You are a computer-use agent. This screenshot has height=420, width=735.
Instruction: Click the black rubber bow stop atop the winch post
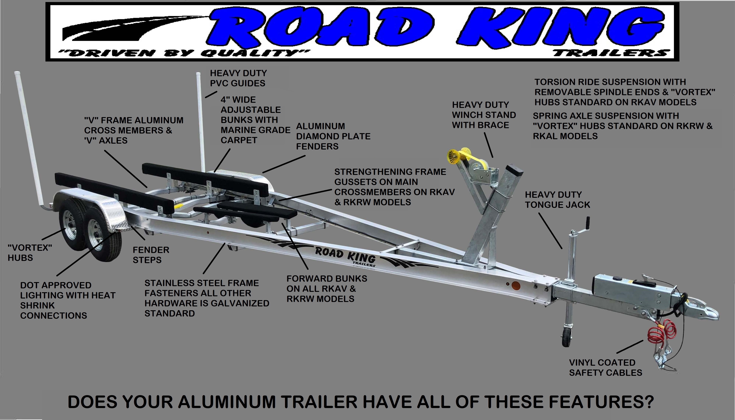(x=515, y=171)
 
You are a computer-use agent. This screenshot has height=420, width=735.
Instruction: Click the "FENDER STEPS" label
(x=151, y=255)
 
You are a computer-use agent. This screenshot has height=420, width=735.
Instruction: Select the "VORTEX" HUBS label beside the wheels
(x=30, y=252)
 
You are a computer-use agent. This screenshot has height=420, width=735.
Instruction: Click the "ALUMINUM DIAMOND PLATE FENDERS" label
(x=333, y=136)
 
